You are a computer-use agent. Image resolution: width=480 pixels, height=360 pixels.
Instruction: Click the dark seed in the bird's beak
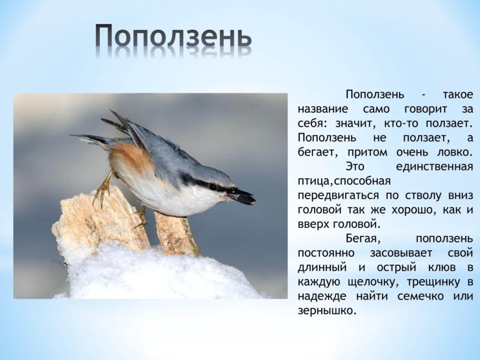244,197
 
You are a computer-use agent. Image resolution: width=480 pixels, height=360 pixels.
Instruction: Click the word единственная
434,166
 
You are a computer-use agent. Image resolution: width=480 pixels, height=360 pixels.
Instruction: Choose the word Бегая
362,238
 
